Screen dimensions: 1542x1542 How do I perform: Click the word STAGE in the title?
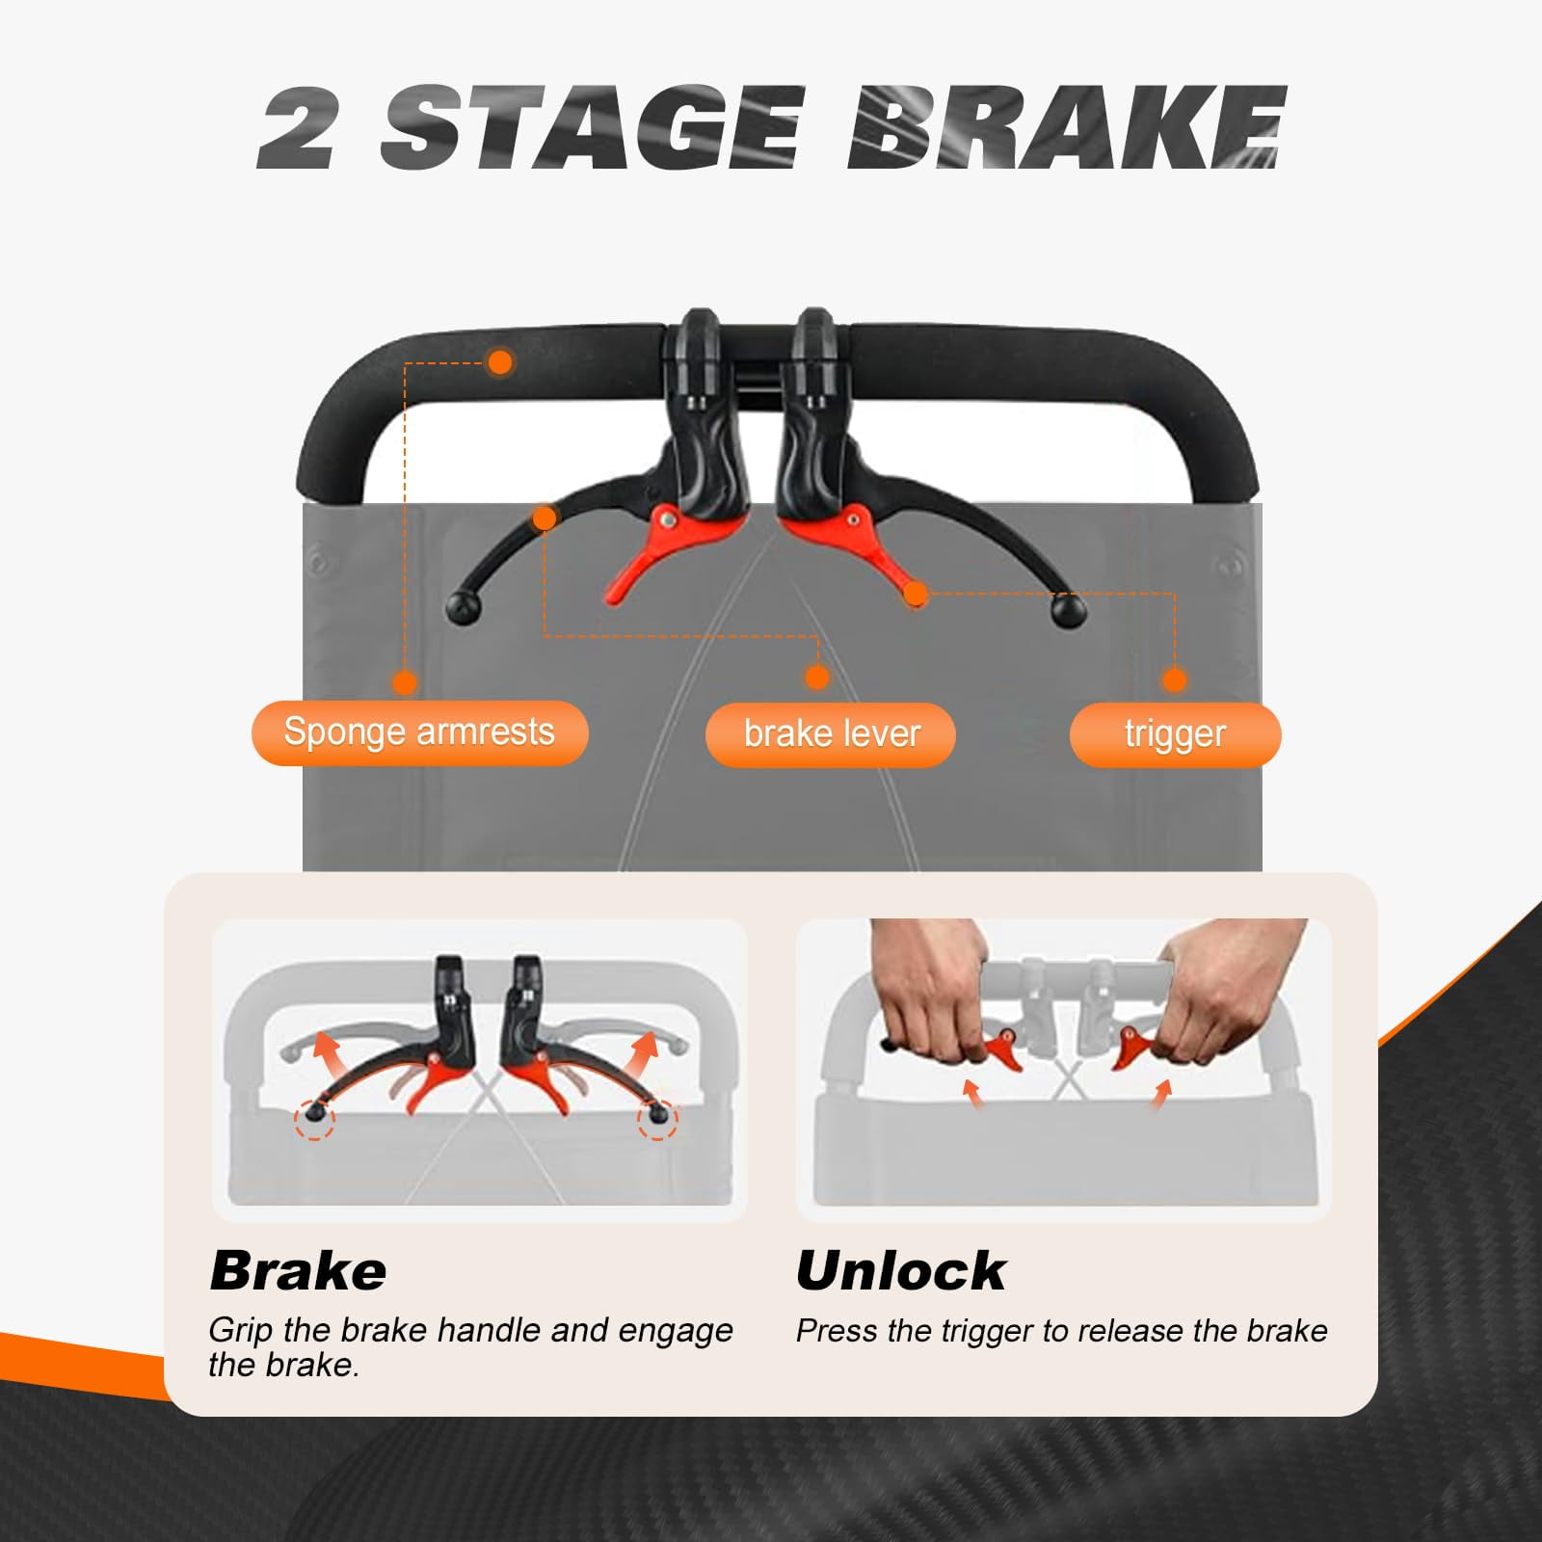pyautogui.click(x=590, y=127)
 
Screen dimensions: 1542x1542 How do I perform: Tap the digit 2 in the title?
pyautogui.click(x=297, y=128)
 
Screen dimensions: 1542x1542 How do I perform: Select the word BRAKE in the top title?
pyautogui.click(x=1068, y=127)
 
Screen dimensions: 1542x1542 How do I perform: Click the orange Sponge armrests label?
pyautogui.click(x=419, y=732)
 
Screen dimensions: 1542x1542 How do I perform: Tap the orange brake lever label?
pyautogui.click(x=831, y=734)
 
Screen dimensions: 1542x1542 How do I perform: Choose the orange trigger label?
pyautogui.click(x=1175, y=734)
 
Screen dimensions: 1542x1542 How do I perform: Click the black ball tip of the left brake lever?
pyautogui.click(x=464, y=609)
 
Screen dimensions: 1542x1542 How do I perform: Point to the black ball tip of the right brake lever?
pyautogui.click(x=1068, y=611)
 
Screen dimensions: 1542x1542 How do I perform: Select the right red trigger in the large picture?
pyautogui.click(x=848, y=549)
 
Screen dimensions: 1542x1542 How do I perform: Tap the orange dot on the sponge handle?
pyautogui.click(x=499, y=362)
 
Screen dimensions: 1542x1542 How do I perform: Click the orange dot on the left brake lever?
pyautogui.click(x=545, y=518)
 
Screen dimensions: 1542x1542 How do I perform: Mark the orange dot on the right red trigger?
pyautogui.click(x=916, y=594)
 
